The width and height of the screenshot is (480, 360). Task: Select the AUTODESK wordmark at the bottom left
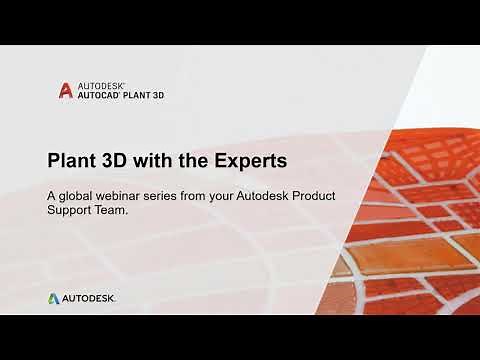tap(89, 298)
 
